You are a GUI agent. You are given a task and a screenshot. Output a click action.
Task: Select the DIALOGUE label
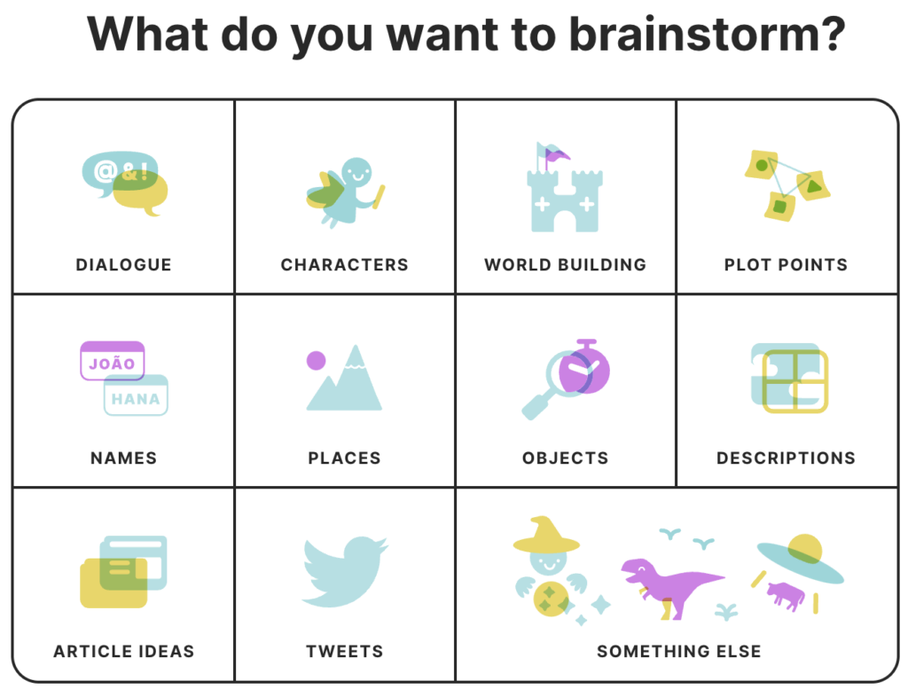coord(123,264)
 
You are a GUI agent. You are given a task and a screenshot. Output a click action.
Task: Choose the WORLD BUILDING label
coord(565,264)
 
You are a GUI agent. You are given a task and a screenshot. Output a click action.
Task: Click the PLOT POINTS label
coord(786,264)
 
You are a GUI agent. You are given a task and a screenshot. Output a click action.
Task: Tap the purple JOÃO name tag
coord(112,361)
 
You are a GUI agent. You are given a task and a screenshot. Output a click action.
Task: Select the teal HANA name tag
coord(136,396)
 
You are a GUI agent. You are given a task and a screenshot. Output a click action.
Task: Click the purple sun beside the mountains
coord(316,360)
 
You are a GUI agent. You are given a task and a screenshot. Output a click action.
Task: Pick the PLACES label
coord(344,458)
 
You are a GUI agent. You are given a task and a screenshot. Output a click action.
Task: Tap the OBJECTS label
coord(565,458)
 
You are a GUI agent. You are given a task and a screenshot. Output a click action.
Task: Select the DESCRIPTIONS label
coord(786,458)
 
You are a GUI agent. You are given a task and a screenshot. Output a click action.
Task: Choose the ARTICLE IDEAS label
coord(123,652)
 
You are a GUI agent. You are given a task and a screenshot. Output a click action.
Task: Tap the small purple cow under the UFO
coord(785,593)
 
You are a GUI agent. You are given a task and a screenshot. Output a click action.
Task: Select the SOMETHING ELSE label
coord(678,652)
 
